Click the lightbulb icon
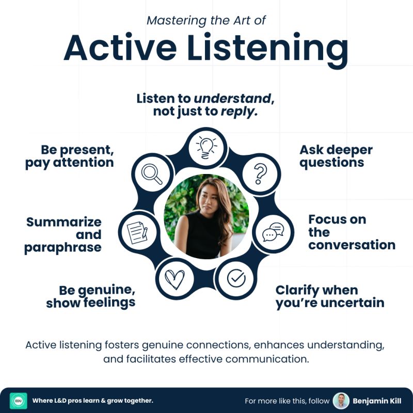pos(206,148)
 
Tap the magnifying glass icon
pos(152,174)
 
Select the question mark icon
pos(261,173)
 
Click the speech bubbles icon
pos(273,232)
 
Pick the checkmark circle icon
pos(236,278)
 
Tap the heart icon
pos(174,279)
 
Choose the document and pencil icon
pos(137,232)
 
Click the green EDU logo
pos(19,401)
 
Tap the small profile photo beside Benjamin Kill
pos(341,401)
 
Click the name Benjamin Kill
pos(377,401)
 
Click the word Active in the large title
pos(120,47)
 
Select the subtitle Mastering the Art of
pos(206,20)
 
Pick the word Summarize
pos(63,222)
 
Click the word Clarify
pos(297,291)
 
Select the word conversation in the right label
pos(352,245)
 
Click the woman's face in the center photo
pos(209,199)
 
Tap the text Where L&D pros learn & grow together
pos(93,401)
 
